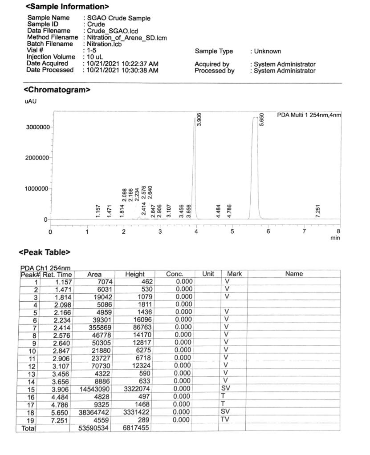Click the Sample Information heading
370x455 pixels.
pyautogui.click(x=67, y=7)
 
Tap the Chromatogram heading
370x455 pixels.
pyautogui.click(x=57, y=90)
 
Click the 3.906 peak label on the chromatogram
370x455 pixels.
pyautogui.click(x=199, y=119)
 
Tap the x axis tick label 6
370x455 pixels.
pyautogui.click(x=268, y=231)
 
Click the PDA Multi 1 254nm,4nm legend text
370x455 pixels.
pyautogui.click(x=309, y=115)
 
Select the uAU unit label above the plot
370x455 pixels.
pyautogui.click(x=30, y=101)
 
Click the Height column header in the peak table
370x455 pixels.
pyautogui.click(x=134, y=274)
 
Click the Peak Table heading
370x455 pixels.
pyautogui.click(x=45, y=252)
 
